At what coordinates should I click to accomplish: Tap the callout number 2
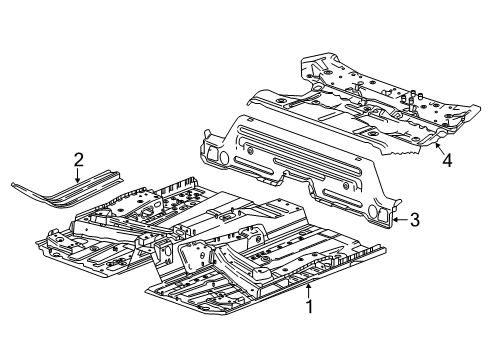pos(78,157)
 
